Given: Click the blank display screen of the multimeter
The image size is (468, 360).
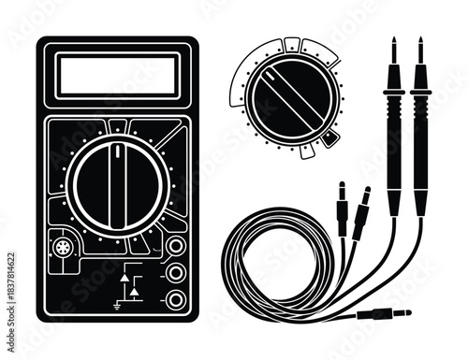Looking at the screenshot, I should pos(117,75).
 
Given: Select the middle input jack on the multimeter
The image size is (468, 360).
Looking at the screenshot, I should pos(174,274).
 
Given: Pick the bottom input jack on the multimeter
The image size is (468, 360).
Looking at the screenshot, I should pos(174,299).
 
